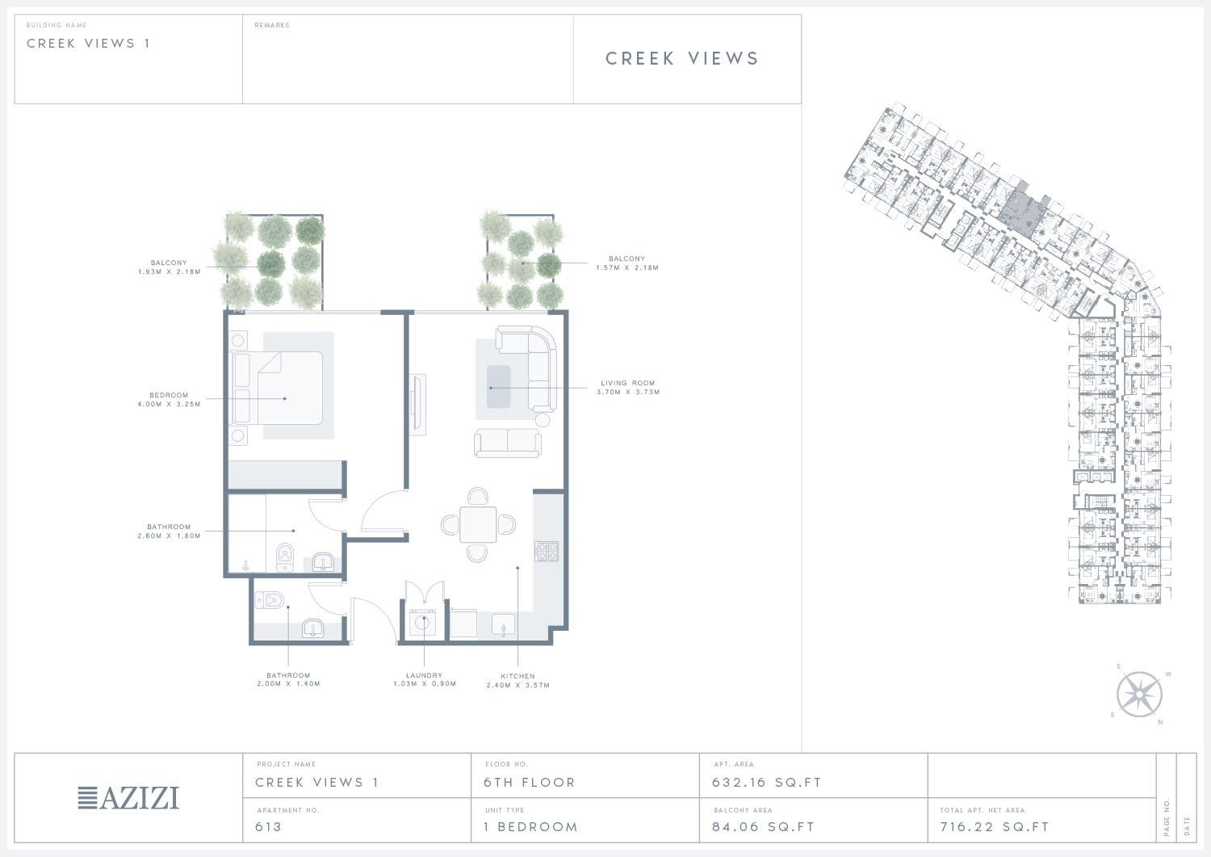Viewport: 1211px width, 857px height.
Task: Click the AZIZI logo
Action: [128, 798]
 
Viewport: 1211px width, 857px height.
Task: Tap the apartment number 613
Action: [268, 826]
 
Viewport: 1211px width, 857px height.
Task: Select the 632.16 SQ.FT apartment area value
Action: [766, 783]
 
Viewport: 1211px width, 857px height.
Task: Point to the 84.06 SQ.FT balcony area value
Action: [763, 826]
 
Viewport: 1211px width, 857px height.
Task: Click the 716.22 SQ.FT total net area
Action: [994, 826]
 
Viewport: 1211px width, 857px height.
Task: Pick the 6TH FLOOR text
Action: [530, 783]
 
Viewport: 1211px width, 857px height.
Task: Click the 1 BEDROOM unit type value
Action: [531, 826]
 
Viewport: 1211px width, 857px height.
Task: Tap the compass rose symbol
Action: [1139, 694]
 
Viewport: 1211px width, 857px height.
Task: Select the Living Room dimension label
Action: [628, 388]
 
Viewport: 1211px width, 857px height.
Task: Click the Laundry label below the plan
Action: [425, 679]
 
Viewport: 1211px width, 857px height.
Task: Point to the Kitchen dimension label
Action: [518, 681]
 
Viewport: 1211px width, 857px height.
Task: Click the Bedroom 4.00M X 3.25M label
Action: [170, 400]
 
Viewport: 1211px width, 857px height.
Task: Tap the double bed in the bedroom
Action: [278, 388]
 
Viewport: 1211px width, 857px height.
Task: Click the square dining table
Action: [478, 524]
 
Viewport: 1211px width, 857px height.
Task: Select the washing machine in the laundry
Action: [423, 623]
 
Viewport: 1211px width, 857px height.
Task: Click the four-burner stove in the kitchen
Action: [547, 552]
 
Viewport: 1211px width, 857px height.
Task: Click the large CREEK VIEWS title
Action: [682, 58]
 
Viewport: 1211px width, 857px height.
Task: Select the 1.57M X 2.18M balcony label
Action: [627, 263]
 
